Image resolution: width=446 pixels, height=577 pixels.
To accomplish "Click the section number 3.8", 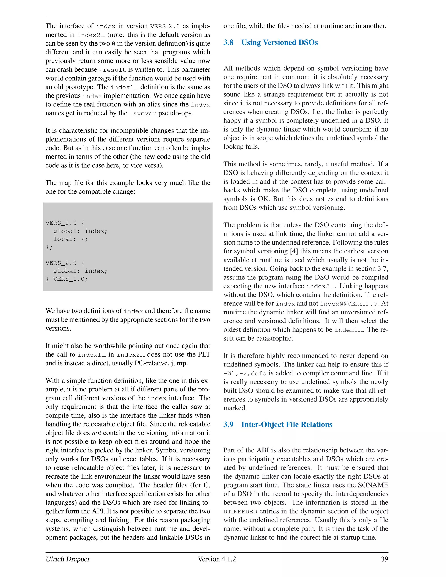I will pos(228,42).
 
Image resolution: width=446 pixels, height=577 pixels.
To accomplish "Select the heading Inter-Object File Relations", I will pos(287,424).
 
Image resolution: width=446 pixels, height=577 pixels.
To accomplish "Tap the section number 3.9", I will pos(228,424).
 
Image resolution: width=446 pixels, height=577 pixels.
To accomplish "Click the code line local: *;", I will pos(70,239).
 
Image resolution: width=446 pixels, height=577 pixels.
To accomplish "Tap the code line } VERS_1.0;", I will pos(67,279).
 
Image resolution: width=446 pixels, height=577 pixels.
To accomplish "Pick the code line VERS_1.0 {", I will pos(65,223).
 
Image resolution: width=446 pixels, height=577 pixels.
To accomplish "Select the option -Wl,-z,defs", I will pos(245,373).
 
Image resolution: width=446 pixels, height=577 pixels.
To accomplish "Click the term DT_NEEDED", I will pos(240,511).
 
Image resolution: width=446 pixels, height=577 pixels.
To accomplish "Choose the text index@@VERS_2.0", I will pos(349,304).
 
